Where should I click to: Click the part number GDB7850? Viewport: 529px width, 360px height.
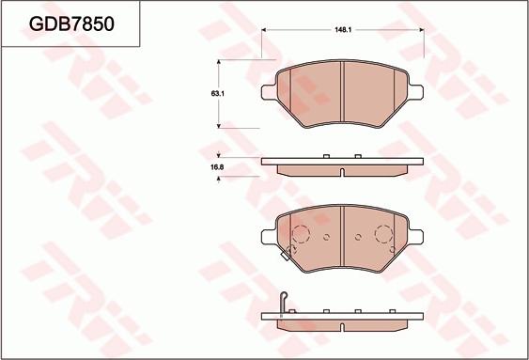click(71, 23)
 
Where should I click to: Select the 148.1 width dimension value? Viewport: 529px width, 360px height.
click(343, 30)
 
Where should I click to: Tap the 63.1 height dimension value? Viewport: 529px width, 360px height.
click(218, 94)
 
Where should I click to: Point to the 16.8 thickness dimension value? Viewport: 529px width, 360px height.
click(218, 167)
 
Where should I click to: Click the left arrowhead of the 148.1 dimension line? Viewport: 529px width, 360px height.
click(264, 30)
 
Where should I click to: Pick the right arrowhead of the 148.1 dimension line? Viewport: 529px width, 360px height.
click(421, 30)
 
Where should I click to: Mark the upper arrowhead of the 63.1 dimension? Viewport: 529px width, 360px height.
click(219, 62)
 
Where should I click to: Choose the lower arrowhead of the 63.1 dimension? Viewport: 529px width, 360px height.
click(219, 126)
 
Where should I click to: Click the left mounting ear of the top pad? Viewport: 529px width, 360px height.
click(269, 92)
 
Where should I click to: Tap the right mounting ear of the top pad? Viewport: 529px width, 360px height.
click(416, 92)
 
